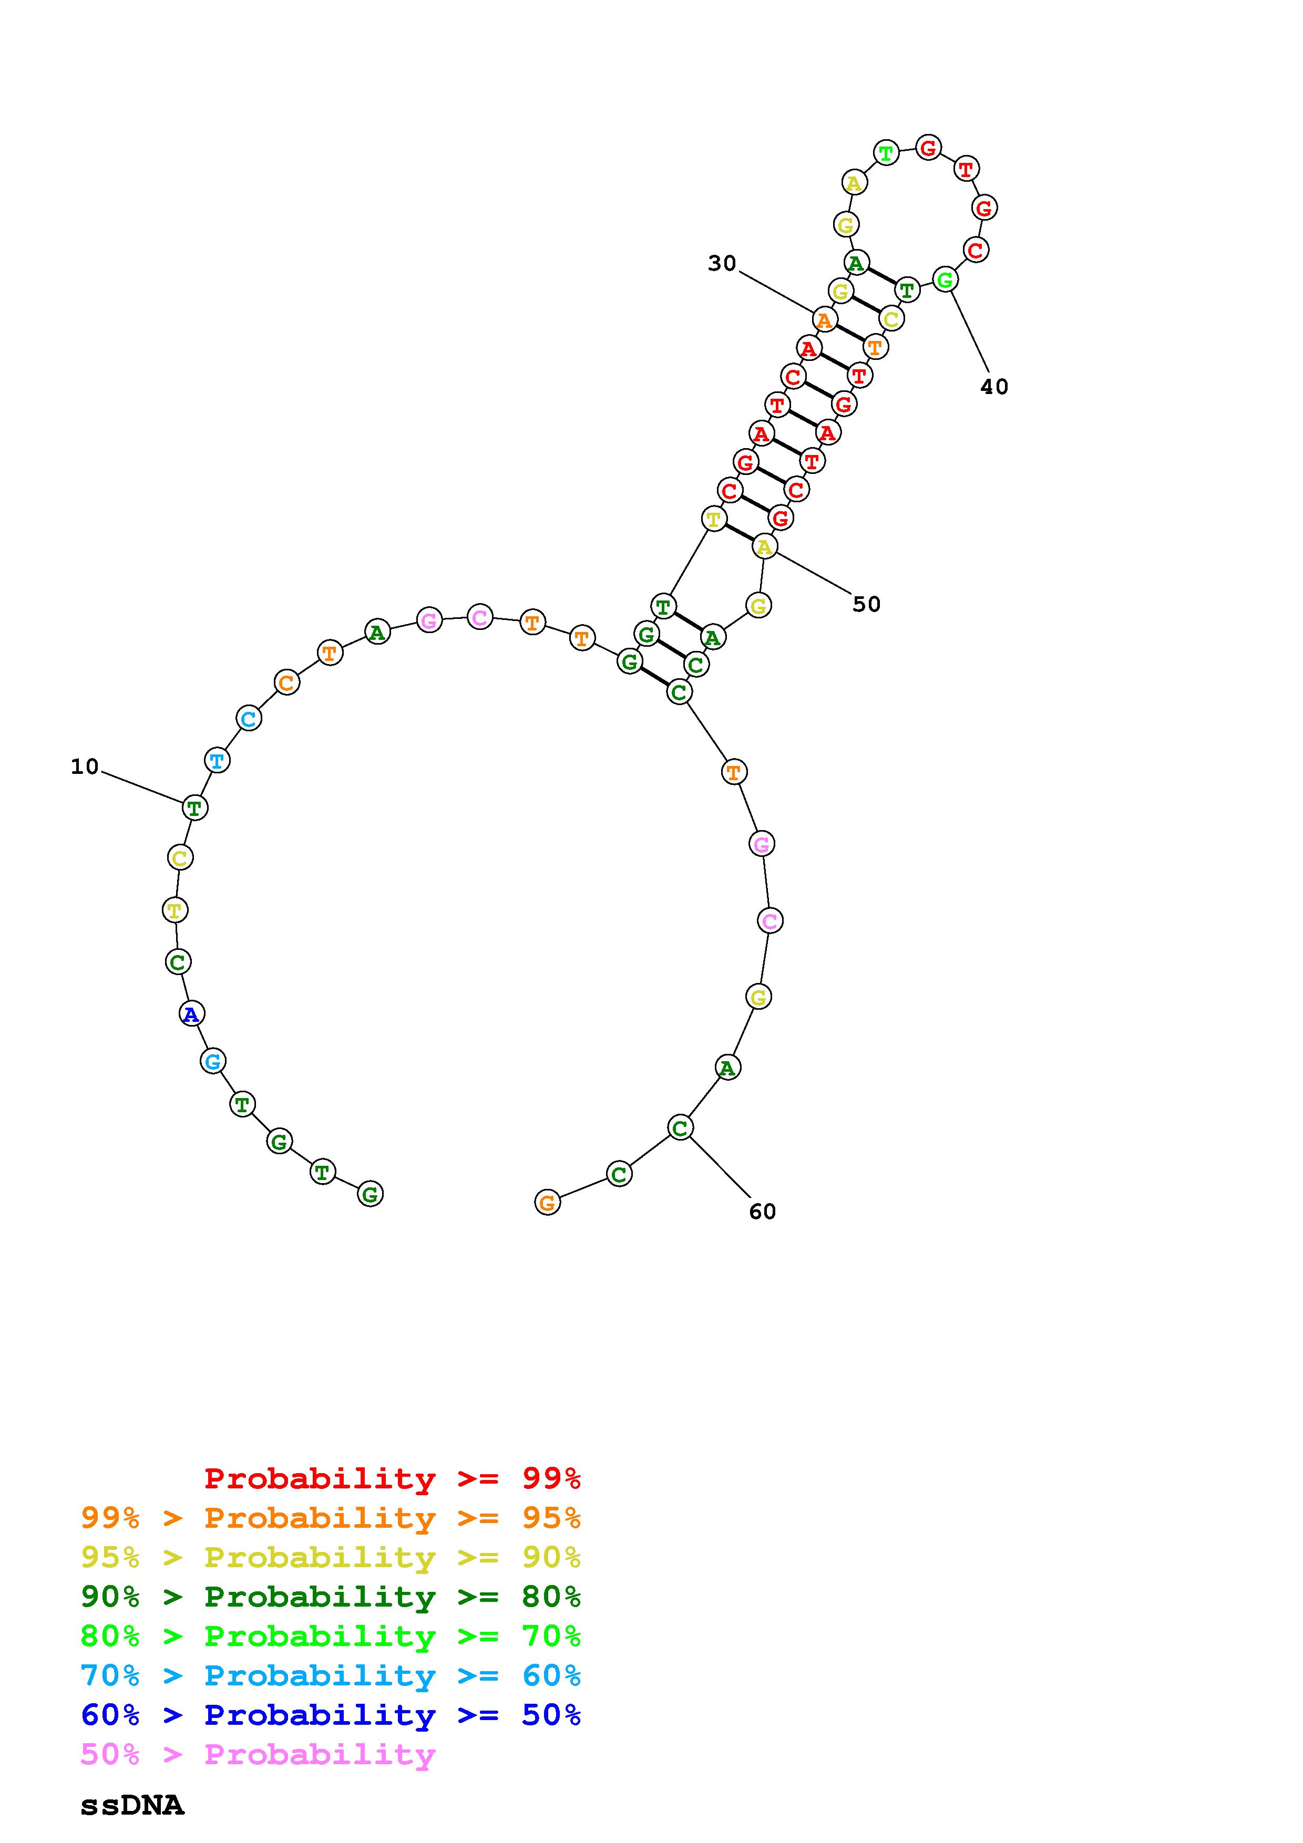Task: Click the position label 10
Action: tap(84, 767)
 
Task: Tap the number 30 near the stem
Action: tap(722, 263)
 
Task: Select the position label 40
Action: tap(994, 387)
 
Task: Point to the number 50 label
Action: tap(866, 604)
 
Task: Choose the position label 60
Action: tap(763, 1212)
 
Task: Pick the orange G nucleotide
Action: tap(547, 1203)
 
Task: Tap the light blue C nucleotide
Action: tap(249, 718)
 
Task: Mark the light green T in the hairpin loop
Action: tap(886, 152)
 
